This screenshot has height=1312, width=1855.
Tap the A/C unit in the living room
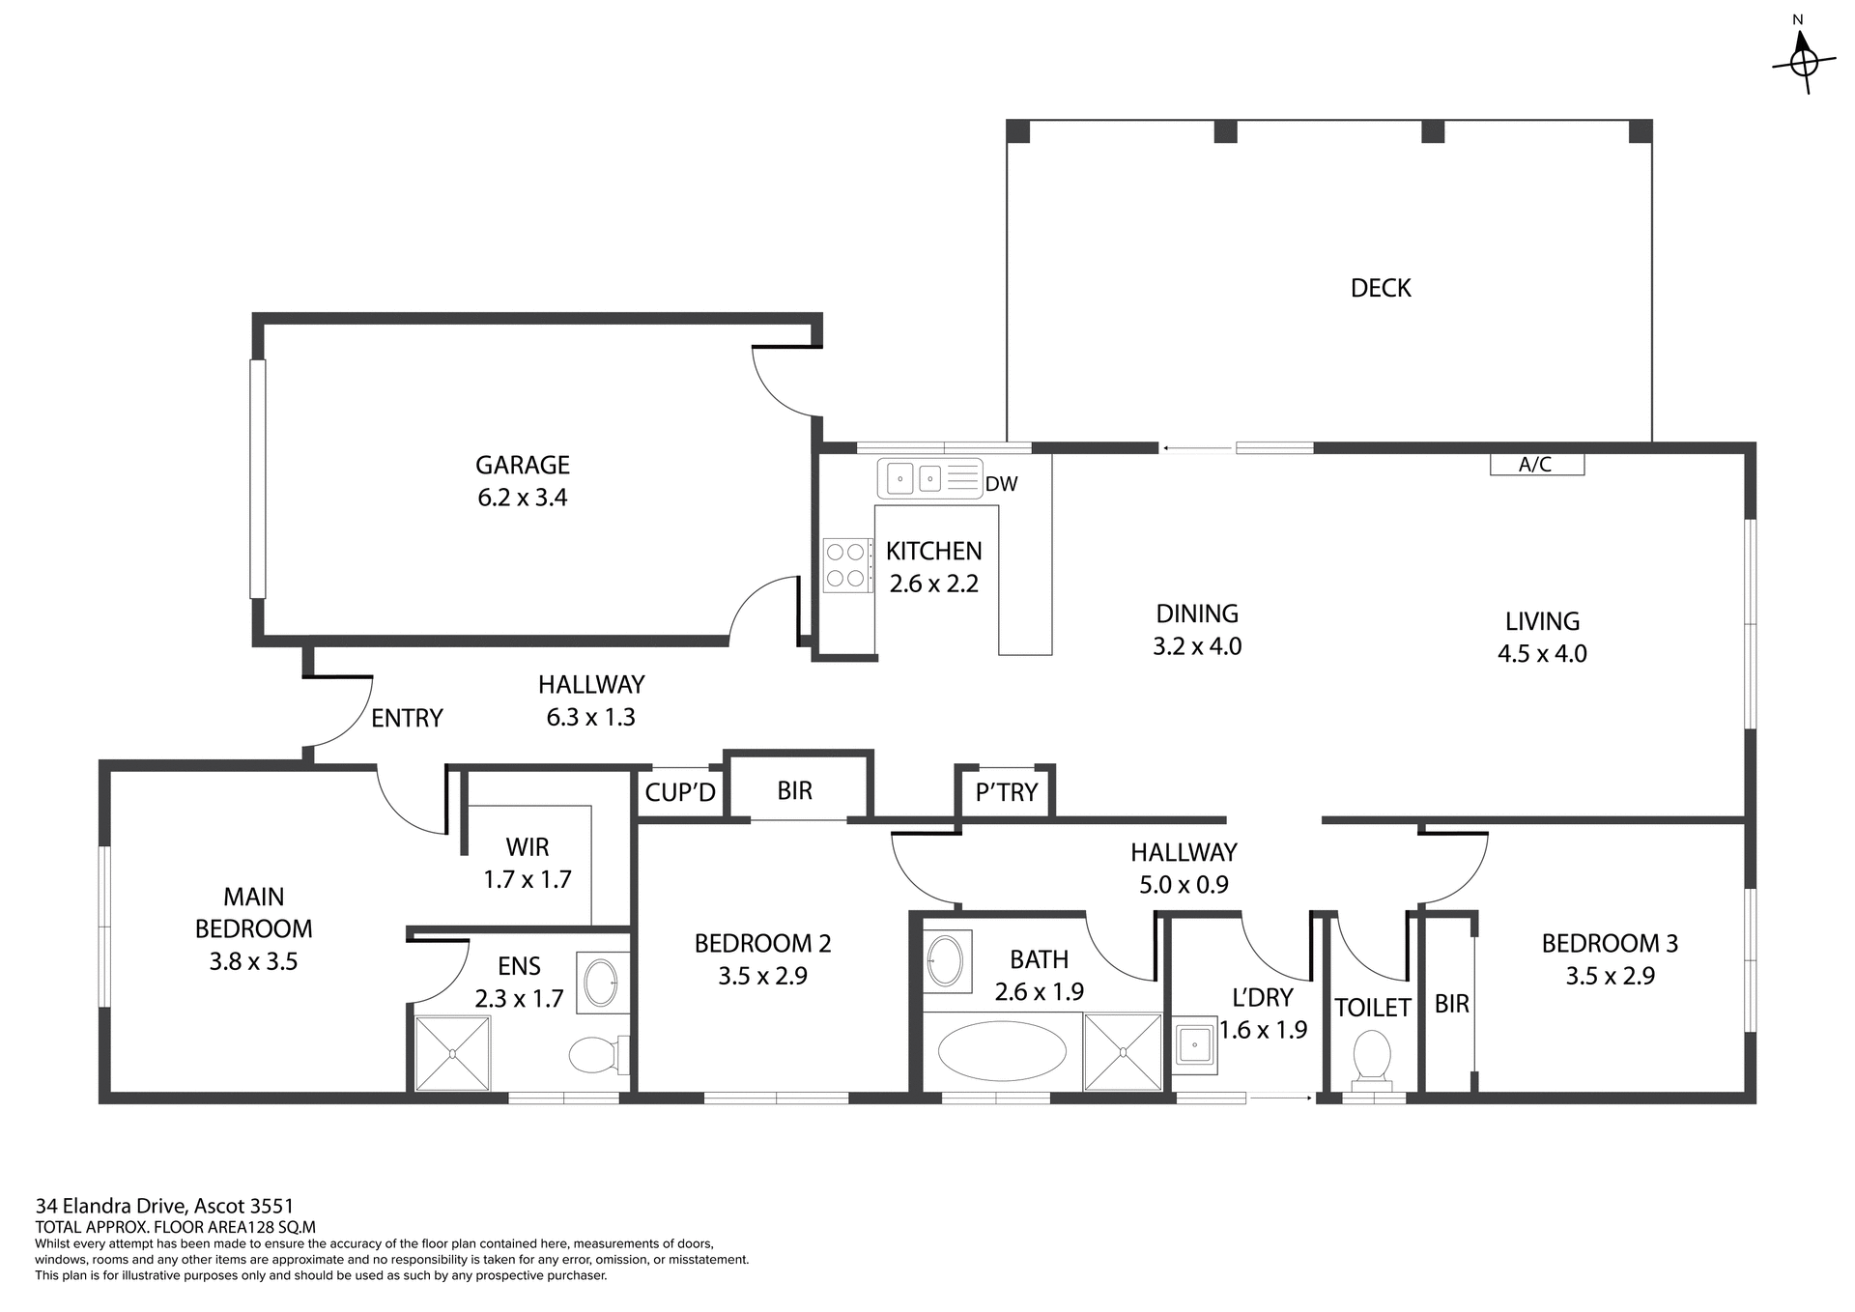(1536, 465)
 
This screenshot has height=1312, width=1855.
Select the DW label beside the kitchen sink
(1002, 484)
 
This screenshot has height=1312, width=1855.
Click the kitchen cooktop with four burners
(845, 565)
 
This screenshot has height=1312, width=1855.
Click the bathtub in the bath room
(1002, 1051)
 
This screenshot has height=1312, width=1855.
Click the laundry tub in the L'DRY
(1195, 1044)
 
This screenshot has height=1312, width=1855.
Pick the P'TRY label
(1006, 792)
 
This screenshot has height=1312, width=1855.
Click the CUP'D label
(680, 792)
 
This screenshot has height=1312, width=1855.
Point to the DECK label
(1381, 288)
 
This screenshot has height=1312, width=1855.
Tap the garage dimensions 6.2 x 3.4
(523, 498)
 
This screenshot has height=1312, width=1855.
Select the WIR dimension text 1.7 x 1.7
(528, 879)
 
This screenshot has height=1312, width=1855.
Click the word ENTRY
(407, 718)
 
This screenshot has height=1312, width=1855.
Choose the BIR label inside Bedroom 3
(1451, 1004)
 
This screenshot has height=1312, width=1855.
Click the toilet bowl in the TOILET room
(1372, 1055)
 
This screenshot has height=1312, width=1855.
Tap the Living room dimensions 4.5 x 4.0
(1542, 654)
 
